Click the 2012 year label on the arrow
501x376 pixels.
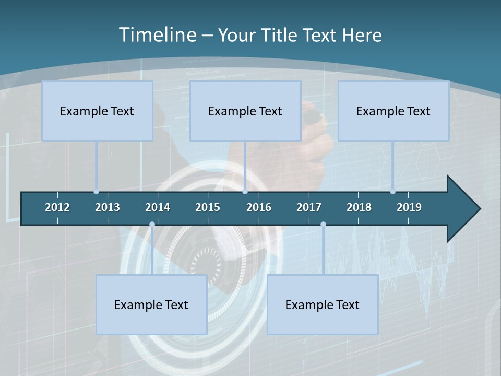[57, 207]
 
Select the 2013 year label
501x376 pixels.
[108, 207]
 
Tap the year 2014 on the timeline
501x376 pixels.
[158, 207]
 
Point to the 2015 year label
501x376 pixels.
[208, 207]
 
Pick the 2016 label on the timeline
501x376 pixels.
[259, 207]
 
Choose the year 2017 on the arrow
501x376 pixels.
[309, 207]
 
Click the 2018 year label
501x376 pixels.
[359, 207]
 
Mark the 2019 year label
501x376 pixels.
[409, 207]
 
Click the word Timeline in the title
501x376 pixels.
[157, 34]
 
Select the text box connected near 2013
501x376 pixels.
[97, 111]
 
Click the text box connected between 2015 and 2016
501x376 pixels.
[245, 111]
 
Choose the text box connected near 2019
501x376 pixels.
[393, 111]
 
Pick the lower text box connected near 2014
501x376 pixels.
[151, 304]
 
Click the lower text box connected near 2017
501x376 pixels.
[323, 304]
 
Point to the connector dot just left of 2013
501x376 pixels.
[97, 192]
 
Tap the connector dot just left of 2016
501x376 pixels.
[245, 192]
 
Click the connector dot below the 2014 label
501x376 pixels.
[152, 225]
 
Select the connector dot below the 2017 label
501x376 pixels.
[323, 225]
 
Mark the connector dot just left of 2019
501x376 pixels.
[393, 192]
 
